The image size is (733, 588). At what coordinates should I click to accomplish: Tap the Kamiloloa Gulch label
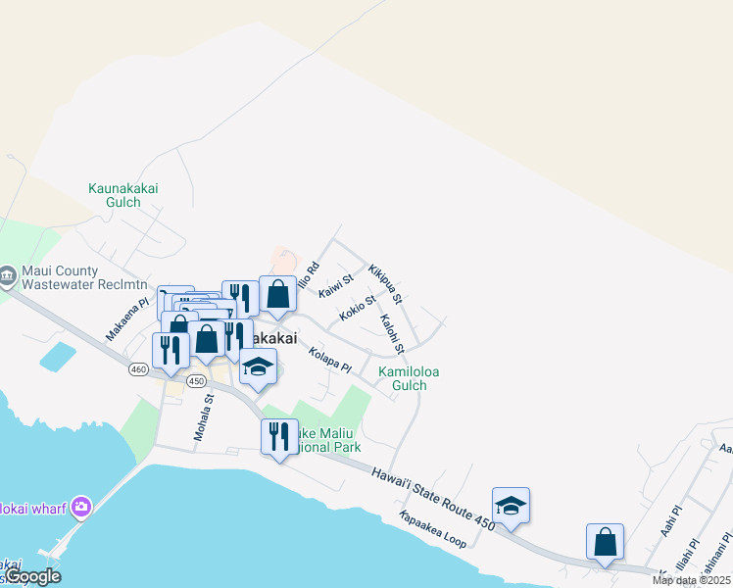(x=403, y=378)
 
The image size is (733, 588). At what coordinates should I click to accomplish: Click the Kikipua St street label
(x=385, y=282)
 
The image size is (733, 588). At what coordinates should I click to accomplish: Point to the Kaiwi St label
(x=335, y=286)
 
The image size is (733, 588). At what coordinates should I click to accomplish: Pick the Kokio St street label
(x=358, y=309)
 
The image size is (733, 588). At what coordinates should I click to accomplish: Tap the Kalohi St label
(x=392, y=333)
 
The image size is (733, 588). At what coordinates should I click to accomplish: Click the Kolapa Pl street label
(x=329, y=359)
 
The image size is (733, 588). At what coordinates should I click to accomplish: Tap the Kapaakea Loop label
(x=432, y=529)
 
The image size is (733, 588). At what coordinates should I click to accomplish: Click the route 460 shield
(x=138, y=369)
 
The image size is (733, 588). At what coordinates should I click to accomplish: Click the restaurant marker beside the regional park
(x=279, y=435)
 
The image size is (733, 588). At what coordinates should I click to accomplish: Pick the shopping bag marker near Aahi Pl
(x=605, y=541)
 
